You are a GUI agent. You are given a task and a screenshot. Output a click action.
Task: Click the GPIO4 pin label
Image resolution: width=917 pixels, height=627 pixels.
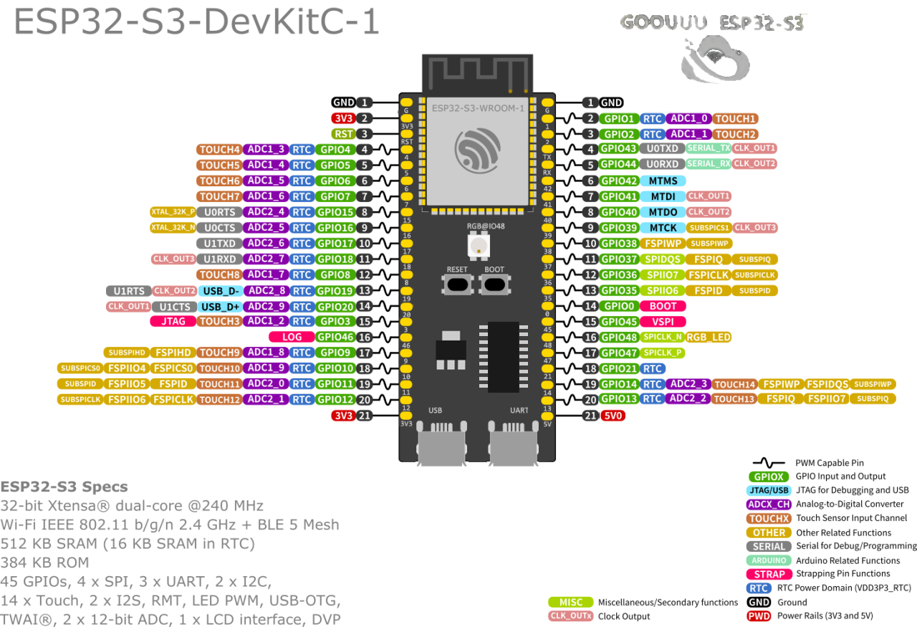[335, 150]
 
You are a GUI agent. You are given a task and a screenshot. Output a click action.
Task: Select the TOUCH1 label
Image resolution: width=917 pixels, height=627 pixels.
[735, 119]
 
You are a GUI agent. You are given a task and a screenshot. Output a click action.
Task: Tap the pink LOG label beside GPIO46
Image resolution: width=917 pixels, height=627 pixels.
[292, 337]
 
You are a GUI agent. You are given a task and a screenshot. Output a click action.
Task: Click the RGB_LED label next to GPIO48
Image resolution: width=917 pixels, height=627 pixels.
[709, 337]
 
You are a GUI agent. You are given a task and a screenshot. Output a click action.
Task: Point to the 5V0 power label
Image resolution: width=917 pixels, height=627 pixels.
[613, 416]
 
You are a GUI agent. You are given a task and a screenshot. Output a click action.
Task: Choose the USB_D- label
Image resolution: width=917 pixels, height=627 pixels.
[221, 291]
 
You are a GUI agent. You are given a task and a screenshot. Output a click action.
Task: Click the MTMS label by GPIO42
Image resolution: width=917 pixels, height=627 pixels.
[663, 181]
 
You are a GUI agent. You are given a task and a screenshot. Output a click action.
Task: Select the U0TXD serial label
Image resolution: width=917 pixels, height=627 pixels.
[662, 149]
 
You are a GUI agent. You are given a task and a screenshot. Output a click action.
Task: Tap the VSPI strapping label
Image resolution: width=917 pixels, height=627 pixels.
[663, 322]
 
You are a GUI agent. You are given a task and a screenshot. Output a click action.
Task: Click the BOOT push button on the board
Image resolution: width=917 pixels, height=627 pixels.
[494, 284]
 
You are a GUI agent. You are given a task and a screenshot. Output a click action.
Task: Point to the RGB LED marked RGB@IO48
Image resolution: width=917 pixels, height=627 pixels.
[476, 246]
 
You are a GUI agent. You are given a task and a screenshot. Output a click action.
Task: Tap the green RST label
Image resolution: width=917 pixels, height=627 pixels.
[343, 134]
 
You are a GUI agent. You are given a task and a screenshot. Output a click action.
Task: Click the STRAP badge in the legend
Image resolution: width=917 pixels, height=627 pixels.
[769, 574]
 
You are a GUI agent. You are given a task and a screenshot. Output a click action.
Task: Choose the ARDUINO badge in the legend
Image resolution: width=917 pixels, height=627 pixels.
[769, 560]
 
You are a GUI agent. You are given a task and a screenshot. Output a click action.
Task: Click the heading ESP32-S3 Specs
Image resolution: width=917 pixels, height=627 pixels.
[64, 487]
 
